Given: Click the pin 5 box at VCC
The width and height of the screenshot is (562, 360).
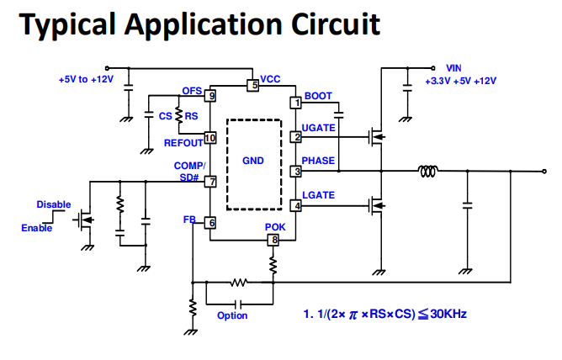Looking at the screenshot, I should click(252, 85).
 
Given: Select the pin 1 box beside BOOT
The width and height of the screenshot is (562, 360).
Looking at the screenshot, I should click(295, 103).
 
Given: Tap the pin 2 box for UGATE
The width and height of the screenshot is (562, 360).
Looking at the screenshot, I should click(295, 136).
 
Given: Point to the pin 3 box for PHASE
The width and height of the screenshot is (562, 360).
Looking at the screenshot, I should click(295, 171).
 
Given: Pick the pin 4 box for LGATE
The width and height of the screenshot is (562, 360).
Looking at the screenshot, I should click(295, 205).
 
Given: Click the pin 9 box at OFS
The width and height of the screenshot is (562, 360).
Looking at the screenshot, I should click(209, 96).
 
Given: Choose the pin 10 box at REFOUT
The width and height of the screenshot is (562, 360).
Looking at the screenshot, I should click(209, 137).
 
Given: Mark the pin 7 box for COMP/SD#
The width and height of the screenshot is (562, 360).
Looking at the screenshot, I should click(210, 181).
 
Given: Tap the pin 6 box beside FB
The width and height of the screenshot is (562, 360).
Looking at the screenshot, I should click(210, 223).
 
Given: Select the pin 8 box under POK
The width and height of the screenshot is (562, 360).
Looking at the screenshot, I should click(273, 241).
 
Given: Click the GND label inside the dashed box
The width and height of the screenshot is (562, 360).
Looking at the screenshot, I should click(253, 160).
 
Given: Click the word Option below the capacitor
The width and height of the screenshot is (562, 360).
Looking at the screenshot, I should click(232, 315).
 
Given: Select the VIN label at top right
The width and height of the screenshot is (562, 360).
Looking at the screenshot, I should click(453, 67).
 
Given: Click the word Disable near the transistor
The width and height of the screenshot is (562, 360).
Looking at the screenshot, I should click(54, 204).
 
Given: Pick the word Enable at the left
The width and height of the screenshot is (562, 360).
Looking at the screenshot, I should click(36, 228).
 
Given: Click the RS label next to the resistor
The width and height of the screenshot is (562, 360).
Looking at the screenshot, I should click(192, 116).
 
